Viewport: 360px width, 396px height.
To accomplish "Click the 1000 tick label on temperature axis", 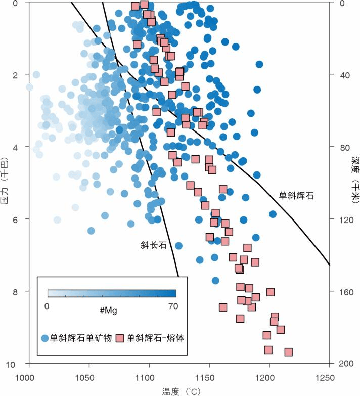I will tap(29, 377).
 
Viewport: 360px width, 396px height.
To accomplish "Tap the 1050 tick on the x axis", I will tap(89, 377).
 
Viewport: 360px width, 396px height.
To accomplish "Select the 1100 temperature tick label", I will tap(149, 377).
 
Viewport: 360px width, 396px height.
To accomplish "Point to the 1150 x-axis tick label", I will tap(209, 377).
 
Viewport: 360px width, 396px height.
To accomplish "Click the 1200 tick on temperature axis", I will tap(269, 377).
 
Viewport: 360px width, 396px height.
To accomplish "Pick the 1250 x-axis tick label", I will tap(329, 377).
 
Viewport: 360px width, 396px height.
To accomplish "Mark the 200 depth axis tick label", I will tap(342, 364).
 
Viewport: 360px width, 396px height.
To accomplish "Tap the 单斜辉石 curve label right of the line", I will tap(296, 195).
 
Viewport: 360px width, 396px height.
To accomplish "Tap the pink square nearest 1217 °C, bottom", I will tap(288, 352).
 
